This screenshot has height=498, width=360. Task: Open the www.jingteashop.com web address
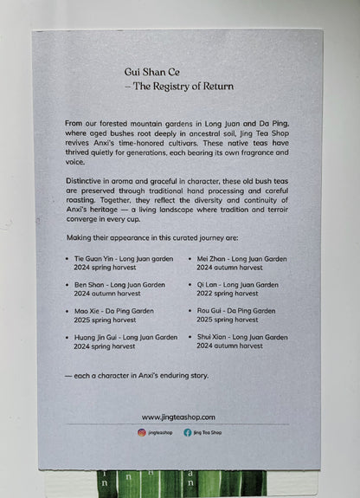(178, 417)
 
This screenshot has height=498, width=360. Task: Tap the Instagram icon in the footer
(141, 432)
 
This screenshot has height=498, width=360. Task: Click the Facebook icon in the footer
(188, 432)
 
